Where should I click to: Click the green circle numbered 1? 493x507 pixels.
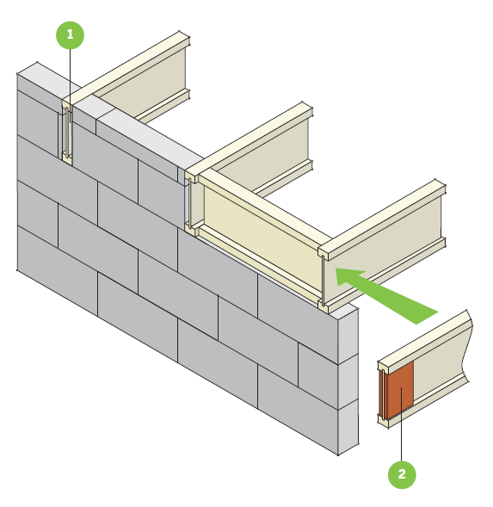pyautogui.click(x=71, y=35)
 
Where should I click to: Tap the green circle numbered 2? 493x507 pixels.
pyautogui.click(x=402, y=473)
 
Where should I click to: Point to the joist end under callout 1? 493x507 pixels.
pyautogui.click(x=65, y=133)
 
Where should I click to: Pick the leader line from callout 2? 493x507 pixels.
pyautogui.click(x=402, y=430)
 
